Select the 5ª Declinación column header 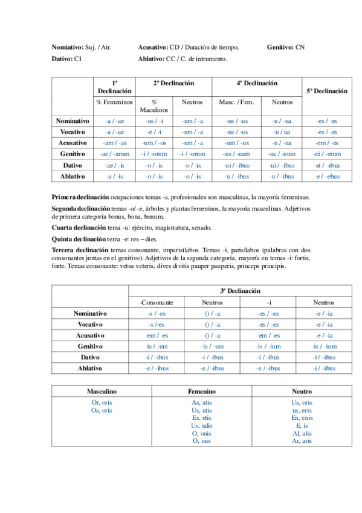point(326,91)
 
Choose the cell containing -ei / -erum point(326,154)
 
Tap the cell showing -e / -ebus point(326,176)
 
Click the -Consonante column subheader point(157,302)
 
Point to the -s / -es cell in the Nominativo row point(157,313)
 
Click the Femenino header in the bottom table point(202,391)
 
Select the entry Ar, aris point(302,441)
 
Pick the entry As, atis point(202,402)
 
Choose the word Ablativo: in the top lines point(152,59)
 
